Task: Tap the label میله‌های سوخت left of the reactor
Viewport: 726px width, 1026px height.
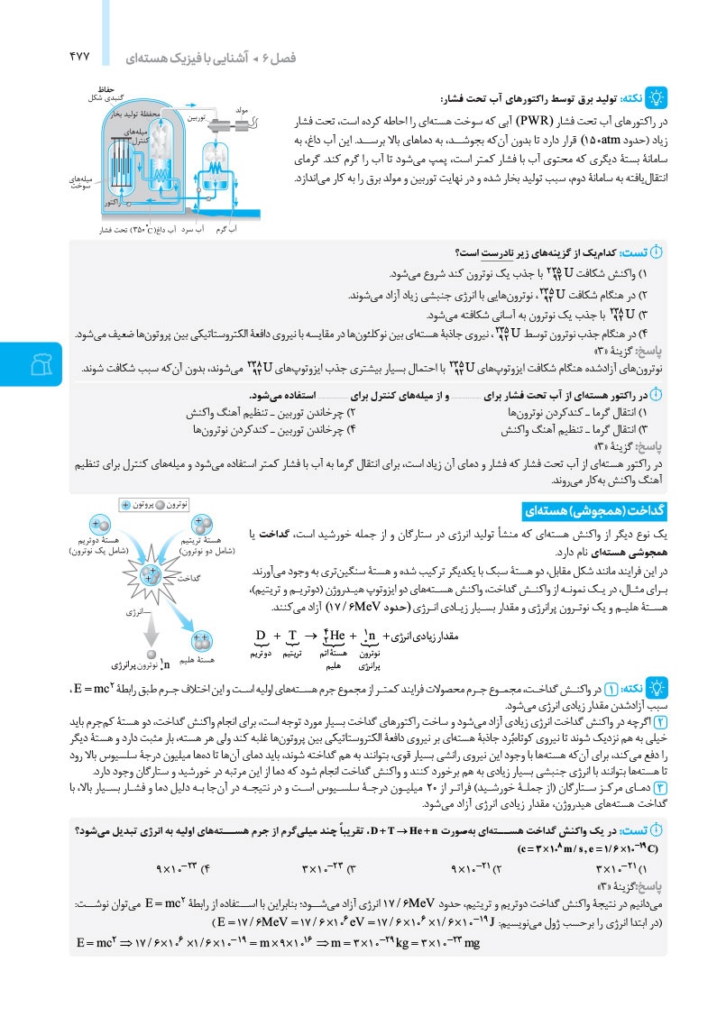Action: point(82,183)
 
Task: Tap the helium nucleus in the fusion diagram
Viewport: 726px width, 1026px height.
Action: point(200,643)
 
